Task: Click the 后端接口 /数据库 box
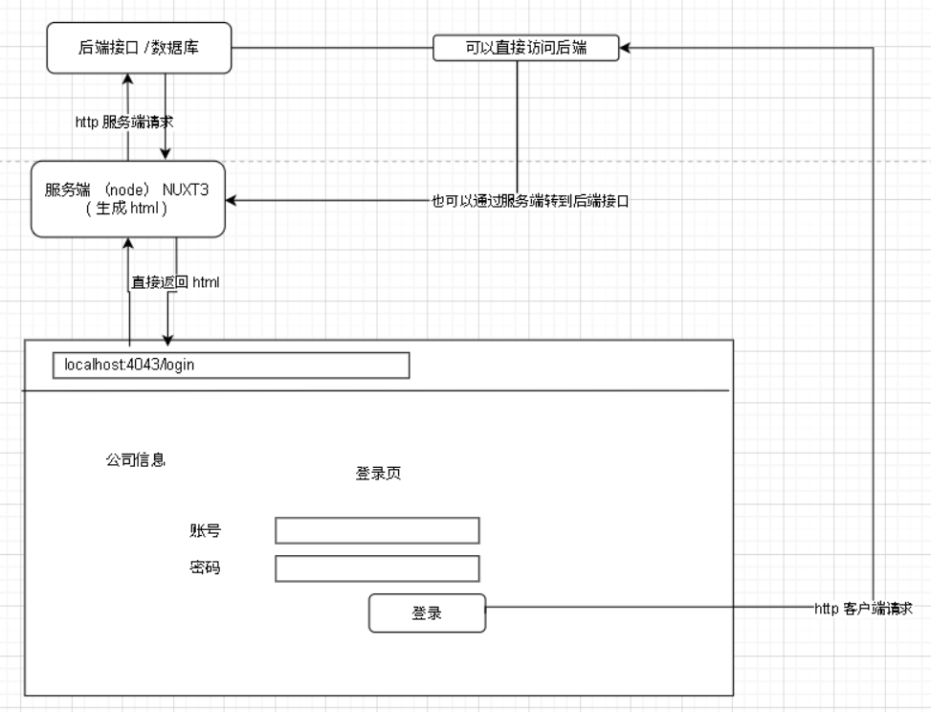[x=140, y=48]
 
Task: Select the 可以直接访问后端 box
[x=525, y=48]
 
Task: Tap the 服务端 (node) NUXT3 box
[x=128, y=199]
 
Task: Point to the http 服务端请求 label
[x=123, y=122]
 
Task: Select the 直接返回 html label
[x=177, y=282]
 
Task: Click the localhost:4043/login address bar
[x=231, y=366]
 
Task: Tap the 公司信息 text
[x=135, y=459]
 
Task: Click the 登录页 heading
[x=379, y=474]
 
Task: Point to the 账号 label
[x=205, y=530]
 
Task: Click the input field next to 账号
[x=377, y=530]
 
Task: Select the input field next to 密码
[x=377, y=568]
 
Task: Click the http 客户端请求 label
[x=862, y=608]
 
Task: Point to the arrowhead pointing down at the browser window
[x=168, y=341]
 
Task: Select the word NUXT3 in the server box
[x=187, y=190]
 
